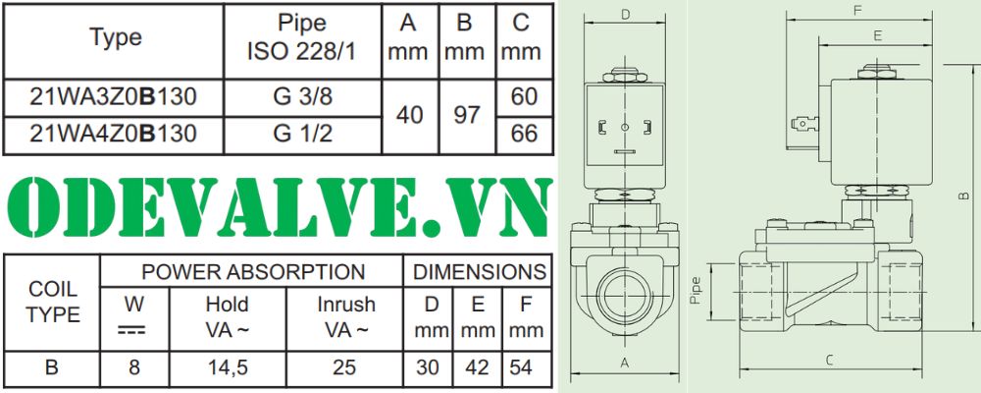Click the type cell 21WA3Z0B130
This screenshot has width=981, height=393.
[x=113, y=97]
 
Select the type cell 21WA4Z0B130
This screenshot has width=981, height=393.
[x=113, y=134]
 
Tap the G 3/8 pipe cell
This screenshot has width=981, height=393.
[x=302, y=97]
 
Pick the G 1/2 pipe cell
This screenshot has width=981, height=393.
[x=302, y=134]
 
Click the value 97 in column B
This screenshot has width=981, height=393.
[x=467, y=115]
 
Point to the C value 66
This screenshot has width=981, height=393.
[x=524, y=134]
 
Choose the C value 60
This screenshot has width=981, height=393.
[x=524, y=97]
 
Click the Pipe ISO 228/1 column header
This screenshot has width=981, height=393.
[x=302, y=37]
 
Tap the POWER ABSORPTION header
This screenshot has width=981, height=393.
[x=253, y=272]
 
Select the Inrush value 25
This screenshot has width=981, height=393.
[x=344, y=367]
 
